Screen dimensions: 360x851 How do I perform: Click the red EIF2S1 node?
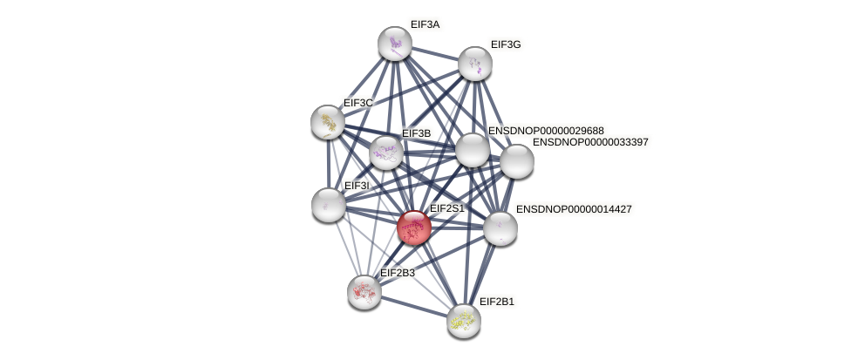pos(413,228)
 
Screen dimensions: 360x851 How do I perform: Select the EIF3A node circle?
pos(395,44)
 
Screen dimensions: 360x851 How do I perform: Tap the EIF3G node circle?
pos(475,64)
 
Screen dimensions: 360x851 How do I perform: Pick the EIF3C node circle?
pos(328,122)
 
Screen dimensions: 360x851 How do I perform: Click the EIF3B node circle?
pos(385,153)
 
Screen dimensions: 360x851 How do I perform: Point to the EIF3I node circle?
pos(329,205)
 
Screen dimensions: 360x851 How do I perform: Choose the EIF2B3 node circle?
pos(364,291)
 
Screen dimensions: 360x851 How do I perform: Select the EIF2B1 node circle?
pos(463,320)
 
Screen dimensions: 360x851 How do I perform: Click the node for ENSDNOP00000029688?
pos(472,150)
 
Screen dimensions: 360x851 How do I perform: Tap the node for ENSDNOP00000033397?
pos(516,160)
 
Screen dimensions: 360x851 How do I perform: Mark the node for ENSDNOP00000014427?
pos(500,228)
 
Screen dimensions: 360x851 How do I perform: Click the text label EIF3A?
pos(425,24)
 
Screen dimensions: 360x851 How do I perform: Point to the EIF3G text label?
pos(505,44)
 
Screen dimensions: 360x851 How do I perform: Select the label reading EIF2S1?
pos(447,208)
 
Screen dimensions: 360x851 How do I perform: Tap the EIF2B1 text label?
pos(497,302)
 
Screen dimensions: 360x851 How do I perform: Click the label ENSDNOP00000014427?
pos(574,209)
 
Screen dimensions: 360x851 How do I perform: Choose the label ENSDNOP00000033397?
pos(590,142)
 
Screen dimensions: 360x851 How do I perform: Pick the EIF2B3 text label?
pos(398,273)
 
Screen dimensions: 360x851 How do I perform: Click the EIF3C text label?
pos(358,103)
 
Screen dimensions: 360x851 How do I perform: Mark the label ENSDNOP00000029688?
pos(546,131)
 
